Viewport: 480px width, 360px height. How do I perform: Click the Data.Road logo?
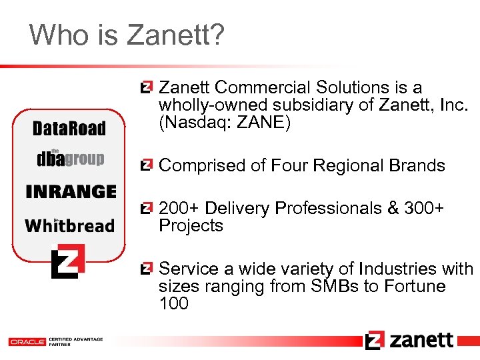[x=69, y=129]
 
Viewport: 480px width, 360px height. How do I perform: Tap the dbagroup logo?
[x=70, y=158]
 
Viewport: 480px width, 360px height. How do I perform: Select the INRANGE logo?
[x=71, y=192]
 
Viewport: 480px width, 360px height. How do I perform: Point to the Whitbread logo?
[x=69, y=225]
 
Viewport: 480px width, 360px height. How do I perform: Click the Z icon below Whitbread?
[x=69, y=260]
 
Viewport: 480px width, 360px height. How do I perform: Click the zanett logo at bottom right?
[x=409, y=340]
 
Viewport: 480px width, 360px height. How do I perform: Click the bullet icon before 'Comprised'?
[x=146, y=165]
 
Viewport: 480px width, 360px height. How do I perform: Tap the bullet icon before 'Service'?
[x=146, y=269]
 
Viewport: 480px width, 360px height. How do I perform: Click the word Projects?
[x=191, y=226]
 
